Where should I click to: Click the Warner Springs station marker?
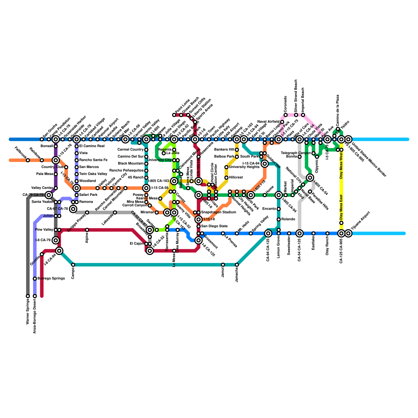click(x=28, y=296)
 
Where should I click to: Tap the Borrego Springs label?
click(x=51, y=278)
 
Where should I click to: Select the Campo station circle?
click(x=73, y=265)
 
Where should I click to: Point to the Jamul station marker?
click(x=223, y=265)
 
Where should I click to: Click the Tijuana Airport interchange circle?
click(x=348, y=233)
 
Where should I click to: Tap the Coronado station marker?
click(x=286, y=115)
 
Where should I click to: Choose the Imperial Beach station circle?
click(x=303, y=115)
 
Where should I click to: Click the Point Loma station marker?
click(x=174, y=115)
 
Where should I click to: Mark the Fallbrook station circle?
click(x=28, y=160)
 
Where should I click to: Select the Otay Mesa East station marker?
click(x=341, y=223)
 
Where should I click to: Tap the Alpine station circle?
click(x=87, y=230)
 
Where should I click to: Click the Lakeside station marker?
click(x=115, y=213)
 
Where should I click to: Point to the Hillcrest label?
click(x=236, y=178)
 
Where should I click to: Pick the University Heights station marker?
click(x=226, y=167)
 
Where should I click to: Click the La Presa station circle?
click(x=223, y=233)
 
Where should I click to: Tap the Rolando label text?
click(x=288, y=219)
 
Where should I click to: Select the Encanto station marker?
click(x=278, y=209)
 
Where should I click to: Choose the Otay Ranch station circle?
click(x=327, y=233)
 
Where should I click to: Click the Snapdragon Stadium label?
click(x=218, y=212)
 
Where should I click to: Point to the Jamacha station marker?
click(x=237, y=265)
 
